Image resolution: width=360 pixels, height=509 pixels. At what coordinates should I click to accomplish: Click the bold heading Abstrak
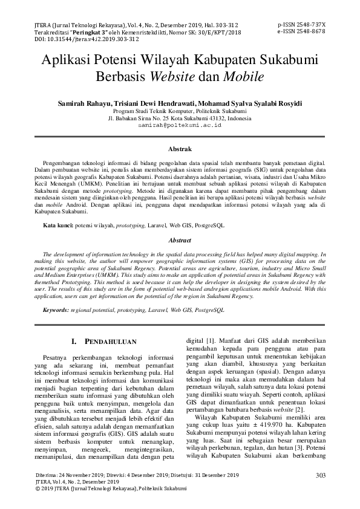(180, 149)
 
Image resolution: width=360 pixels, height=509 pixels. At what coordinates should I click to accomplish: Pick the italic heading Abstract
(180, 240)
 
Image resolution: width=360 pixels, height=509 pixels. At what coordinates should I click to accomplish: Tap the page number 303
(321, 476)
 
